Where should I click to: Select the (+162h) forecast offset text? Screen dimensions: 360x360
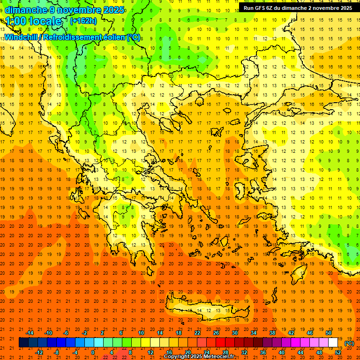[x=83, y=21]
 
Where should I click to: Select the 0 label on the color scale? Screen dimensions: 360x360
[x=93, y=352]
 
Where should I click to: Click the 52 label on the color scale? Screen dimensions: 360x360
[x=338, y=352]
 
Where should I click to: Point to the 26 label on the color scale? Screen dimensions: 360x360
[x=216, y=333]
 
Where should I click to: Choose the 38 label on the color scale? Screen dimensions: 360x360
[x=272, y=333]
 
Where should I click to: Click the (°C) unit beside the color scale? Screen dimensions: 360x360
[x=349, y=343]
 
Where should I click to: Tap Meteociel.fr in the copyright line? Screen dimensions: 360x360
[x=221, y=357]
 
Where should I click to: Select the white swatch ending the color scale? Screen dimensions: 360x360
[x=333, y=343]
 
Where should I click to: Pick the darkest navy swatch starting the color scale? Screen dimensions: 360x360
[x=24, y=343]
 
